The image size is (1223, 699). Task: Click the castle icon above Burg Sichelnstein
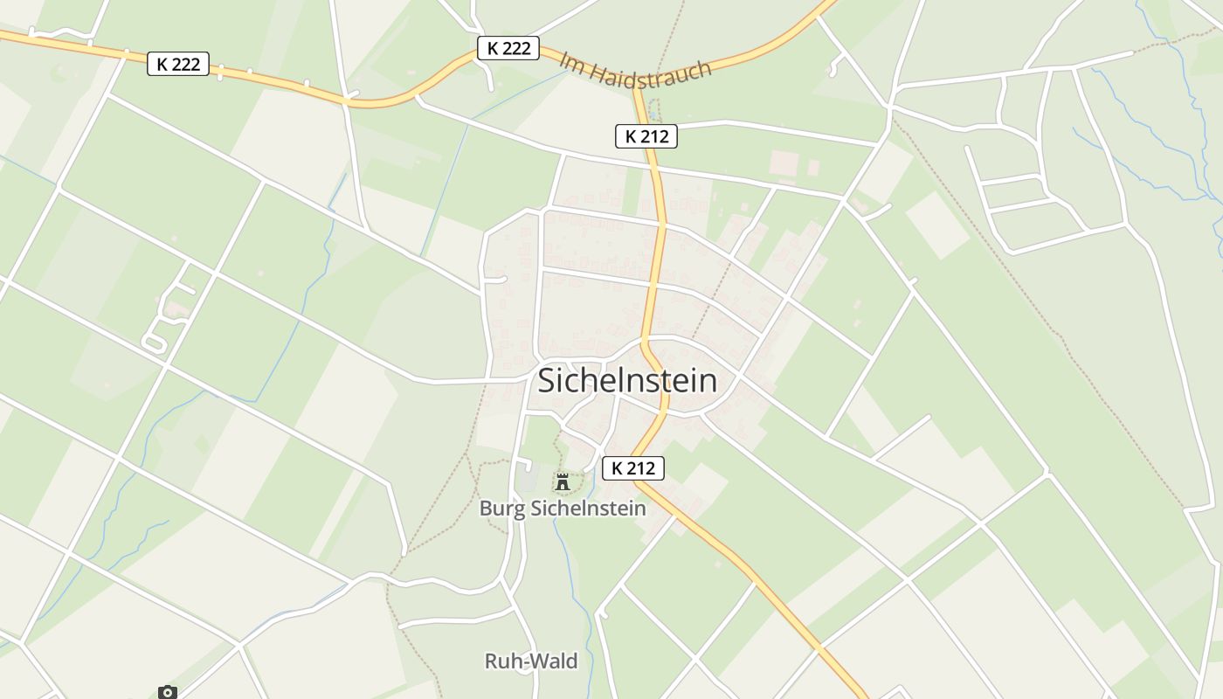563,481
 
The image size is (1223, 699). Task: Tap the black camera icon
168,692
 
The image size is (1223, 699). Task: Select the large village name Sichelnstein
627,380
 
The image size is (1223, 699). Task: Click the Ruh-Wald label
531,661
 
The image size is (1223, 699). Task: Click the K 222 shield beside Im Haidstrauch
508,48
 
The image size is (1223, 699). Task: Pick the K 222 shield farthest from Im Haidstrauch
178,64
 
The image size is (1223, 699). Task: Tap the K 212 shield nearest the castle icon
632,468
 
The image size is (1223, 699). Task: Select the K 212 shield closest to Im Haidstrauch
646,136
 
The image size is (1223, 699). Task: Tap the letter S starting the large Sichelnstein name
548,381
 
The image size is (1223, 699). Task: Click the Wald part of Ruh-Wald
556,661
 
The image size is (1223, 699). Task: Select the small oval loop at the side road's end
155,343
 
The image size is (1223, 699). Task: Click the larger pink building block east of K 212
784,162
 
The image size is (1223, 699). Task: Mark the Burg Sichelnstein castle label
563,509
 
